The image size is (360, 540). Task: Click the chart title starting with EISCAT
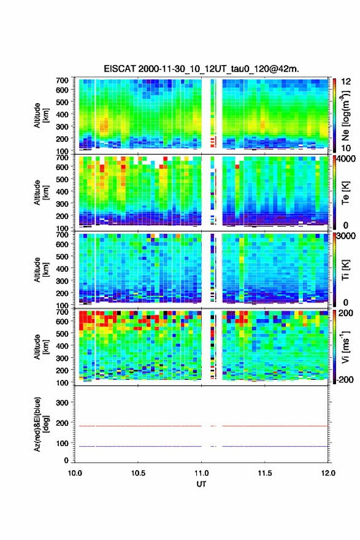click(201, 69)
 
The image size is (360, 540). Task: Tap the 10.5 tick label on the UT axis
click(138, 473)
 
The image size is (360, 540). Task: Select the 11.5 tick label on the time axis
click(265, 473)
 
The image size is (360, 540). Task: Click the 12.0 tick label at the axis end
click(328, 473)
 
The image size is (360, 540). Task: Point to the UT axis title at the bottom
click(201, 484)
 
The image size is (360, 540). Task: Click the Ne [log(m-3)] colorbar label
click(346, 115)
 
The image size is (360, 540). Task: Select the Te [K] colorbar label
click(345, 193)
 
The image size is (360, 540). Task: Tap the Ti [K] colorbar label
click(345, 269)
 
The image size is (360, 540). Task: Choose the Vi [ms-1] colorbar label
click(345, 347)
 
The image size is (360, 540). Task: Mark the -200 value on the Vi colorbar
click(344, 379)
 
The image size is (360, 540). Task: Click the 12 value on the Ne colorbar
click(346, 82)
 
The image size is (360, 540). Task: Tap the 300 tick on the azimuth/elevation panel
click(63, 403)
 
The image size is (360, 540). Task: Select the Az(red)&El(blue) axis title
click(40, 424)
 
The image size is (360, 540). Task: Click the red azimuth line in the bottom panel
click(201, 426)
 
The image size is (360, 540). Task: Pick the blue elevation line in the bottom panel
click(201, 446)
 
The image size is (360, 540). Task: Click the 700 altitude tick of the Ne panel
click(63, 80)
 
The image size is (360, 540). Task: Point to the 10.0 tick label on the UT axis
click(75, 473)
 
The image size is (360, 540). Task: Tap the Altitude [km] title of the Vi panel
click(40, 347)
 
